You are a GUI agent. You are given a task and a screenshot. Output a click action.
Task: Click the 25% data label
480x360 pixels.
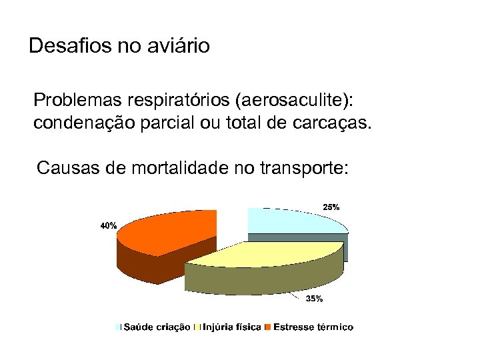click(331, 207)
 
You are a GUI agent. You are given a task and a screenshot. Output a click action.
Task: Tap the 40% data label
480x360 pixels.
click(109, 226)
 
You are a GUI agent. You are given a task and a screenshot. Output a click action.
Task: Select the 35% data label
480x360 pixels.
click(314, 299)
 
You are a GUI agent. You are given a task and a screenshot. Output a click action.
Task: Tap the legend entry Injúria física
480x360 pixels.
click(231, 327)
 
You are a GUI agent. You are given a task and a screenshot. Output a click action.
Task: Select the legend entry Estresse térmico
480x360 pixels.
click(313, 327)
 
